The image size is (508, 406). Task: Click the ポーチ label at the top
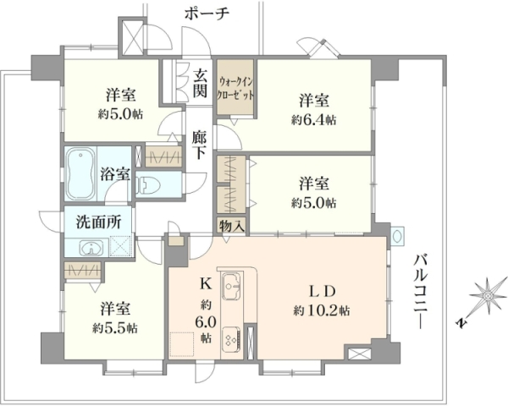[207, 14]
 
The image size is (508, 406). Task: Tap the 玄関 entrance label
[200, 84]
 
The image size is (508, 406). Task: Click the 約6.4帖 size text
[313, 120]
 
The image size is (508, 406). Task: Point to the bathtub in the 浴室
[81, 174]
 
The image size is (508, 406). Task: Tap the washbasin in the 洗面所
[92, 248]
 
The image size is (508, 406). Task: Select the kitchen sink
[231, 286]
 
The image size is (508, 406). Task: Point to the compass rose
[488, 295]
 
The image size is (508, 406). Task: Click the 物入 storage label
[230, 226]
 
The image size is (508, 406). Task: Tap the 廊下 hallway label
[199, 145]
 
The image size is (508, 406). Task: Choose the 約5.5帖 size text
[114, 329]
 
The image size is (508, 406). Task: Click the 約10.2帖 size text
[322, 310]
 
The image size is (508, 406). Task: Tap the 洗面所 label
[98, 222]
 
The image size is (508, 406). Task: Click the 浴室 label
[115, 174]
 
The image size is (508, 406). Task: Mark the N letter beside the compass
[461, 322]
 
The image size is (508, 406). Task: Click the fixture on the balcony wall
[397, 235]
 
